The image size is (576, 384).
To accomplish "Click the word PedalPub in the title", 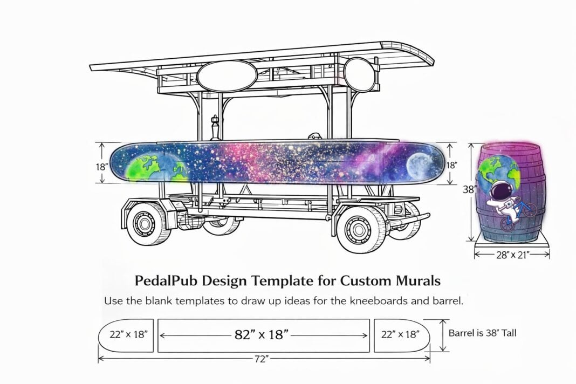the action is coord(166,281).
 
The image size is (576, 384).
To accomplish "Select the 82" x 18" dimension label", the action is coord(262,335).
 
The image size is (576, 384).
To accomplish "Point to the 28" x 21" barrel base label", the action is coord(512,255).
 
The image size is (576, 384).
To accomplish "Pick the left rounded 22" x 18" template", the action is coord(126,335).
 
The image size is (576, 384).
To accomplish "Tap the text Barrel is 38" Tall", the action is coord(482,333).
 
